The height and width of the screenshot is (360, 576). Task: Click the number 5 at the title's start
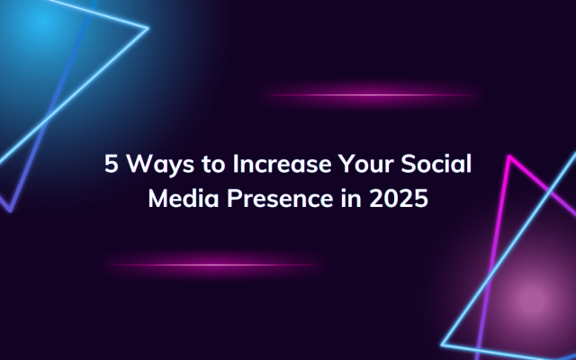112,164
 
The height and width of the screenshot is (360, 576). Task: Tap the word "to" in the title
213,164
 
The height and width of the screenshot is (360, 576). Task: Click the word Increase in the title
282,164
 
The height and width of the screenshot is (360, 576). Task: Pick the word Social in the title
436,163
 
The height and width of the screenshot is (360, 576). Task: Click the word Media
184,198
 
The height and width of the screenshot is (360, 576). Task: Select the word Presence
280,198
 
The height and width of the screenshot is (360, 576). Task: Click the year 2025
399,198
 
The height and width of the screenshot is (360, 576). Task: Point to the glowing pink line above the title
371,94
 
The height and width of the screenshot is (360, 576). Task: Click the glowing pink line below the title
214,265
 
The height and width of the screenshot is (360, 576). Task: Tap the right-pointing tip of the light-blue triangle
148,28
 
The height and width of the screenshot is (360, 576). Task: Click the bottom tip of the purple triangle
10,211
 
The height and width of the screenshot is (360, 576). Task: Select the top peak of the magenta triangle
509,157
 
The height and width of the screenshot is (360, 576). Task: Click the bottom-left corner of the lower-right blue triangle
442,345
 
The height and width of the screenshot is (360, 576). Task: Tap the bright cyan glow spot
40,22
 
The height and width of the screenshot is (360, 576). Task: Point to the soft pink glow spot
532,300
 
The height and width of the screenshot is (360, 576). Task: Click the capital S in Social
408,164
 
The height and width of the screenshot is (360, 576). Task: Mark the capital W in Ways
139,164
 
